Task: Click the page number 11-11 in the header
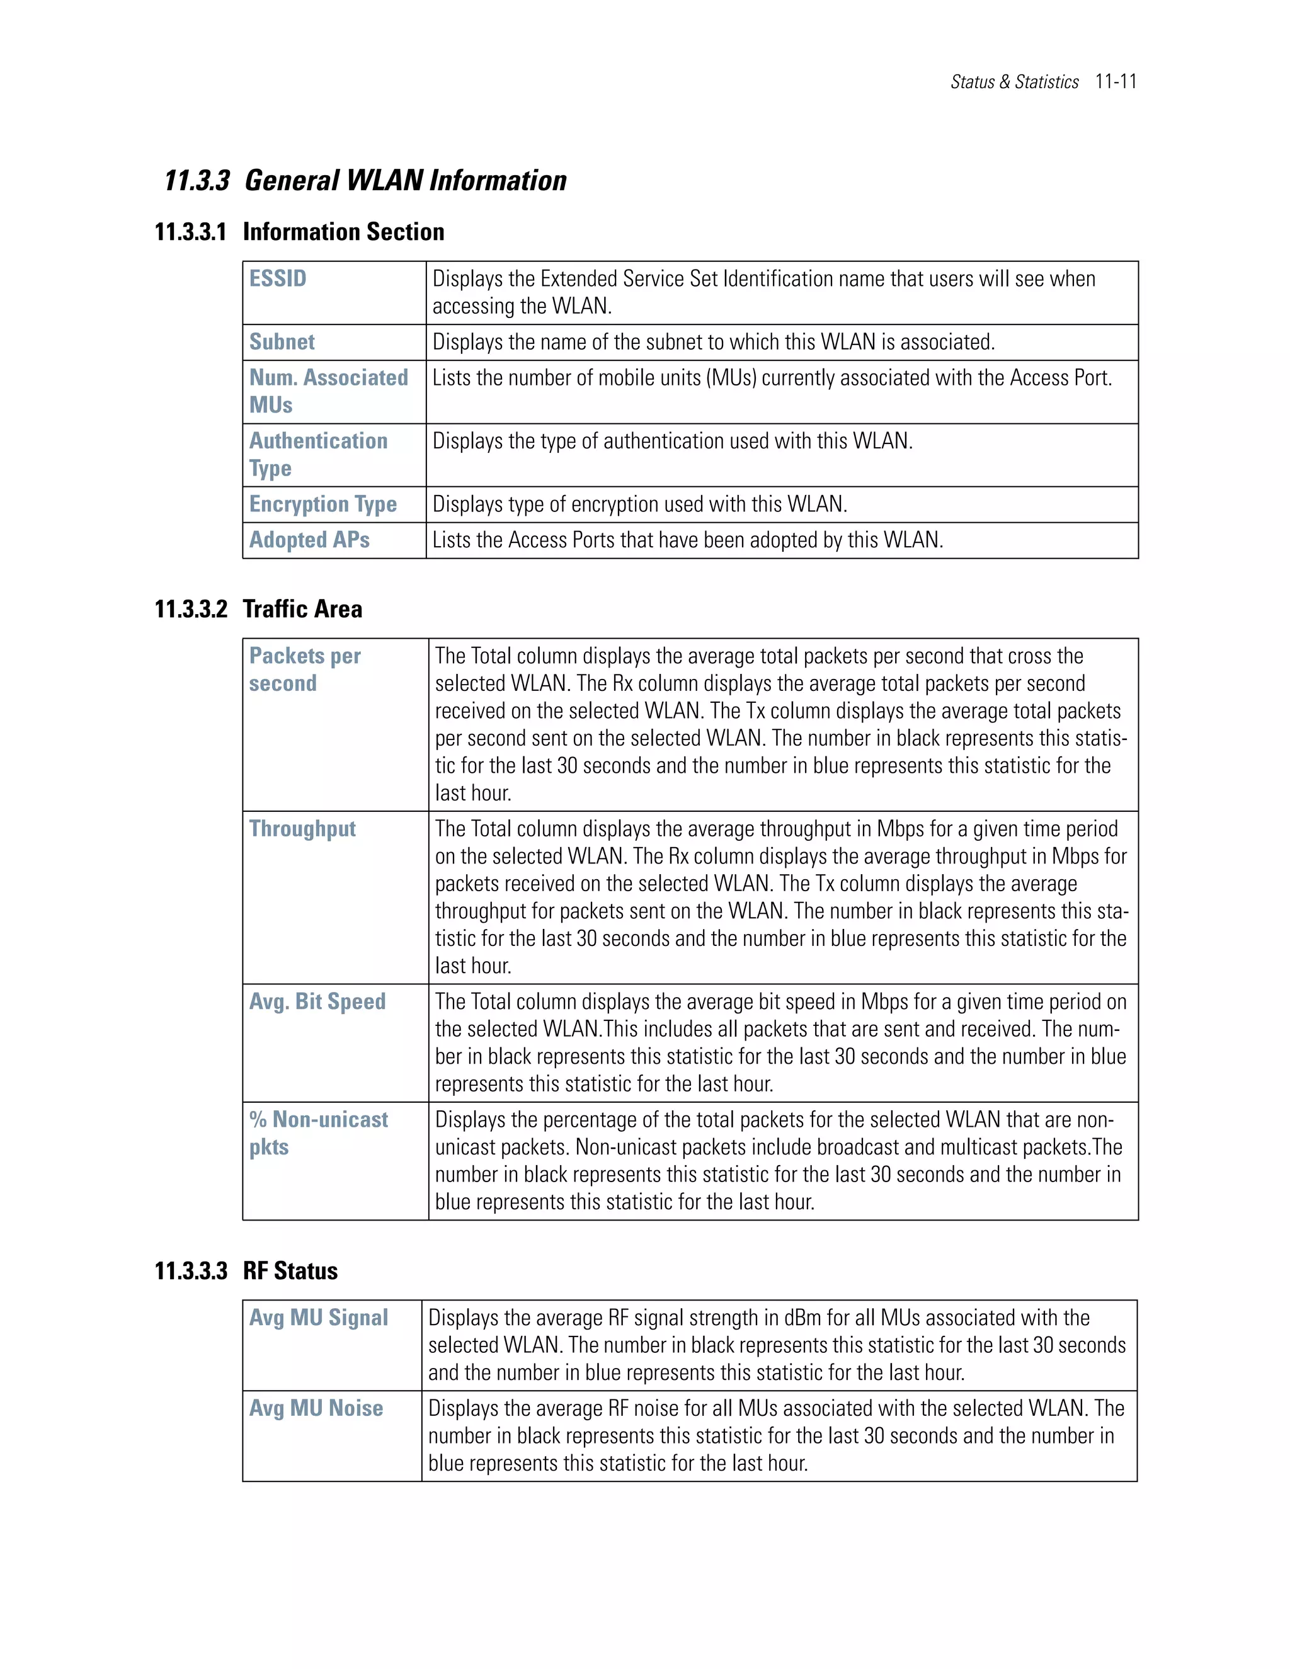click(x=1115, y=81)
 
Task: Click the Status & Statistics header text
click(x=1014, y=82)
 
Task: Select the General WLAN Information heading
click(x=405, y=180)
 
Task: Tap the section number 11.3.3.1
click(x=190, y=232)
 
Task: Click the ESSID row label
click(x=277, y=278)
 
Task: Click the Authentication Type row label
click(x=318, y=454)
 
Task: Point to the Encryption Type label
click(x=322, y=504)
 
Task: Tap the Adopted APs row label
click(x=309, y=540)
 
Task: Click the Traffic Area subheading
click(x=302, y=609)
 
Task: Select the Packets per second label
click(x=304, y=669)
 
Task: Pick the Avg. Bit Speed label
click(x=317, y=1001)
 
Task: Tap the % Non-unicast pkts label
click(x=318, y=1132)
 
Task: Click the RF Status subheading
click(x=290, y=1271)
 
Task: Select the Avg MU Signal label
click(x=318, y=1318)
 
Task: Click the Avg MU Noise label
click(x=316, y=1408)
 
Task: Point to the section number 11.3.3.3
click(x=190, y=1271)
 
